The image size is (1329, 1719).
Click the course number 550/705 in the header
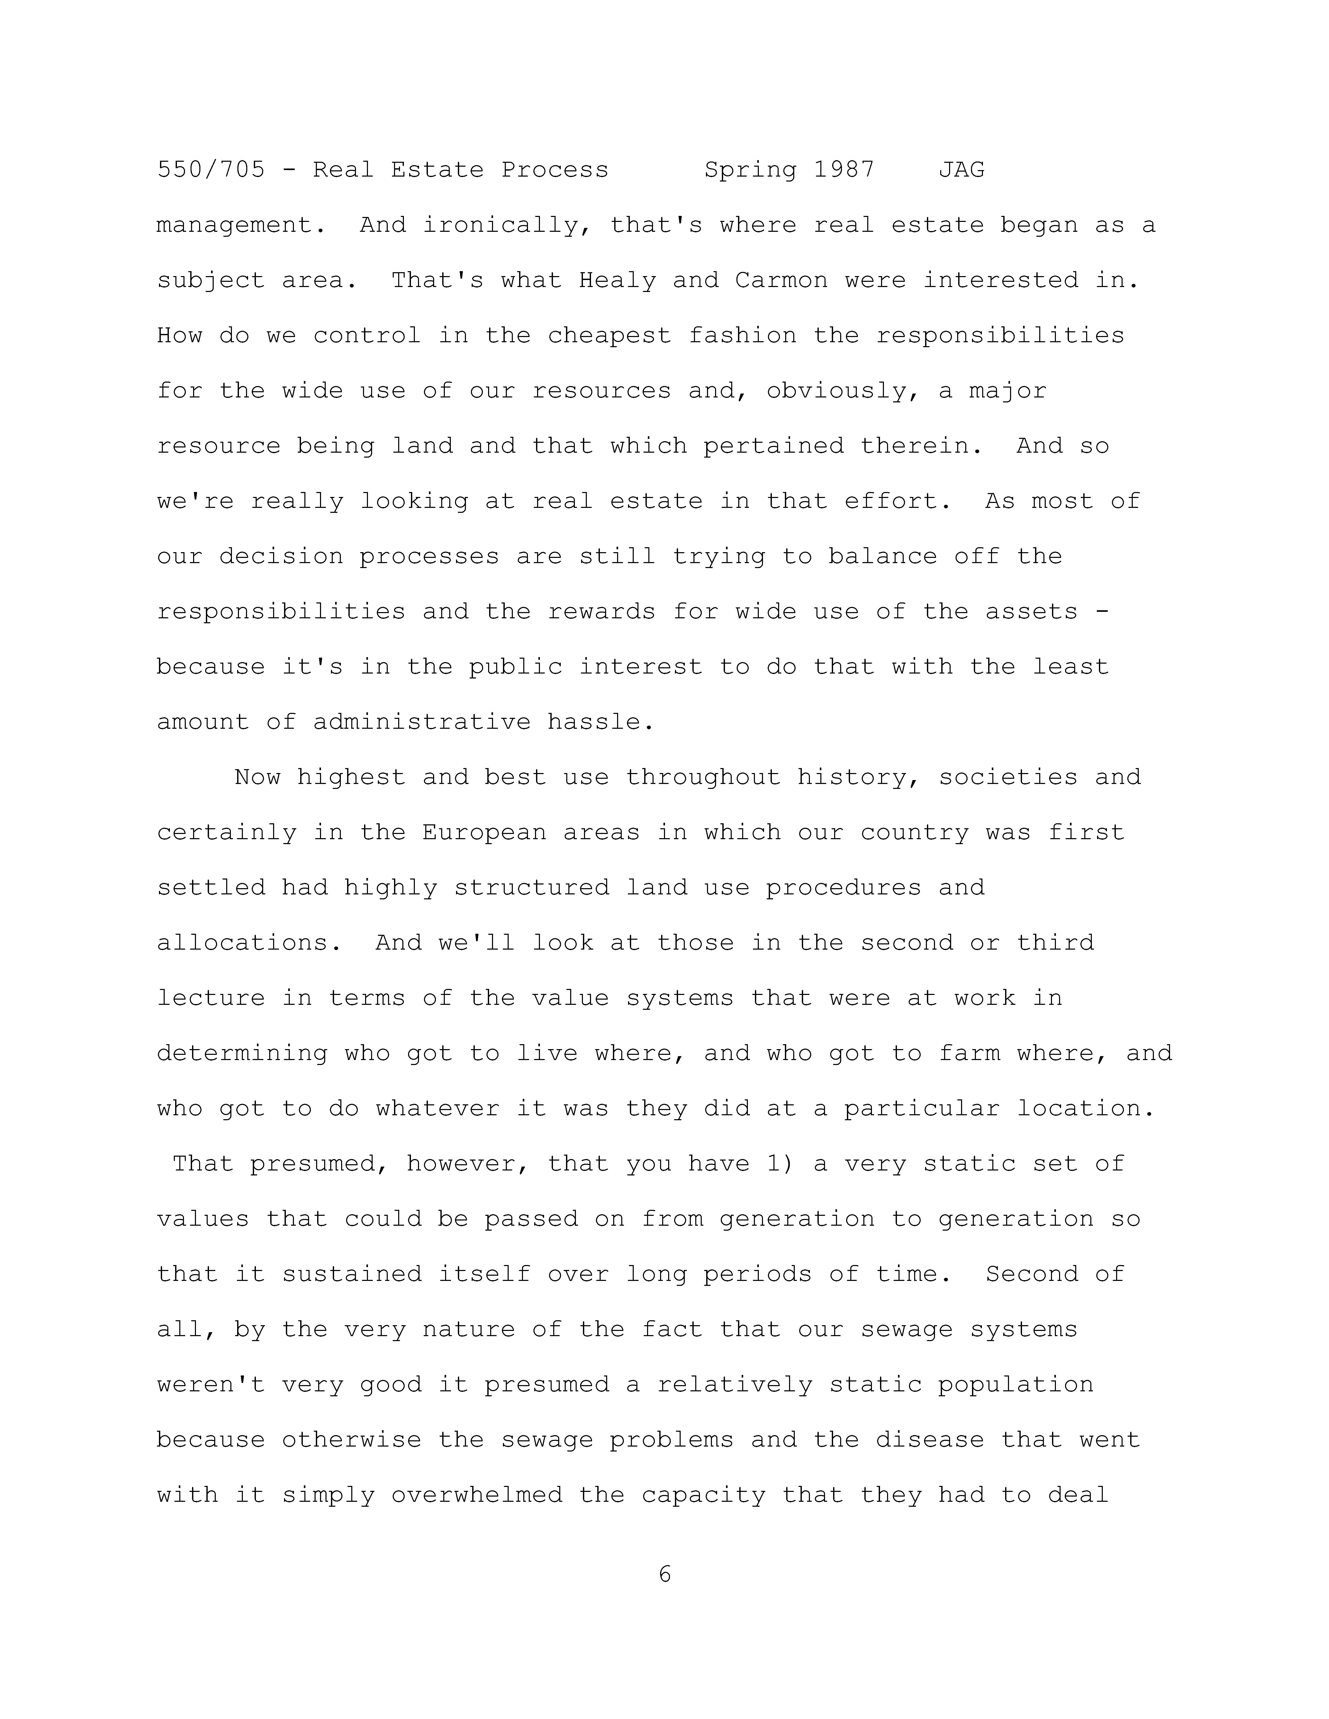211,170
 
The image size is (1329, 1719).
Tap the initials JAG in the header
961,170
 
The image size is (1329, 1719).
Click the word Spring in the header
749,170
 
